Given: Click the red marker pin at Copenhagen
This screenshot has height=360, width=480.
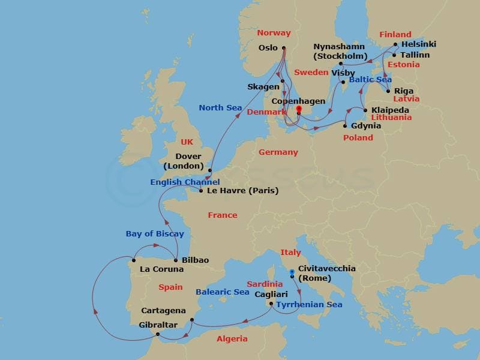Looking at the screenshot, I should pos(298,109).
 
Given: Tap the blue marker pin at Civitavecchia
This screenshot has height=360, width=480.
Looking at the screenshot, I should pos(292,272).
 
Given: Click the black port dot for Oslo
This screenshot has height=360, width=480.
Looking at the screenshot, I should pos(283,49).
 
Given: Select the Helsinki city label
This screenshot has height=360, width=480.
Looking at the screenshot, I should pos(418,44).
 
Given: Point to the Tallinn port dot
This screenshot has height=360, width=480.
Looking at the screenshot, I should pos(394,55).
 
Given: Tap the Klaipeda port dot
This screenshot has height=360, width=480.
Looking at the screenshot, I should pos(365,110).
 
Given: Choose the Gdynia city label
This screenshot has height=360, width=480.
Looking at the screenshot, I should pos(367,125).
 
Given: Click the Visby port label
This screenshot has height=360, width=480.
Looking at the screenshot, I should pos(343,73).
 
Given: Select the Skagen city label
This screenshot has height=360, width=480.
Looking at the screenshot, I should pos(263,86).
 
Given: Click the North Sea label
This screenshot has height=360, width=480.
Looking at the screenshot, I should pos(220,108).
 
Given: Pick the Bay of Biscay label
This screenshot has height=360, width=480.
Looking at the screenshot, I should pos(155,234).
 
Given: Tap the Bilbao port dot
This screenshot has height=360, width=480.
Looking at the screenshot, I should pos(175,260).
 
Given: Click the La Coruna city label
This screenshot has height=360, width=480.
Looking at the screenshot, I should pos(161,269).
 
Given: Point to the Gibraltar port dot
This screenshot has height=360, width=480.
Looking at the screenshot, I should pos(157,334).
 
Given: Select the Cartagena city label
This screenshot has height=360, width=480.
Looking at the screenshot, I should pos(163,311).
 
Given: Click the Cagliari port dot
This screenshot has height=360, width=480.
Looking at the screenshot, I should pos(272,304).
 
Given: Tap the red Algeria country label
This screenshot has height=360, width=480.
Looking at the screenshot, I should pos(232,339).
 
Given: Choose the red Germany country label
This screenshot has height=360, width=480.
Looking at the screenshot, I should pos(278,152).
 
